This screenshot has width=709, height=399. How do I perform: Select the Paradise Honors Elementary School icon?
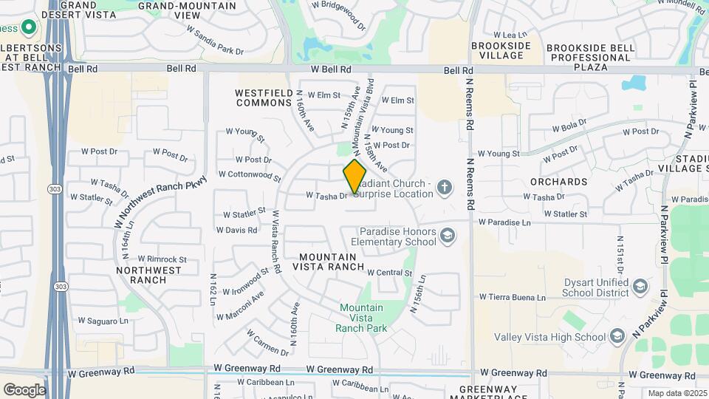(x=447, y=236)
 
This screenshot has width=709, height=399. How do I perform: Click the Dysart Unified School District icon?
(x=640, y=287)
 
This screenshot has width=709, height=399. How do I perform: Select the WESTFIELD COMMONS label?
(x=264, y=98)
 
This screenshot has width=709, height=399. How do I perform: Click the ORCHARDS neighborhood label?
(x=558, y=182)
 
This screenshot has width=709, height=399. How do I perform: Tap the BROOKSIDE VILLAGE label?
(x=501, y=50)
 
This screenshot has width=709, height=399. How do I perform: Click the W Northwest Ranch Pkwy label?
(x=151, y=204)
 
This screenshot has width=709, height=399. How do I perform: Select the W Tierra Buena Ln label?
(x=512, y=297)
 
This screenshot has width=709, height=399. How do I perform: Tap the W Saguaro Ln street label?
(x=104, y=321)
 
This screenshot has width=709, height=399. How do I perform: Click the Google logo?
(x=24, y=389)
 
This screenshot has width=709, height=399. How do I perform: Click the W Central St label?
(x=389, y=273)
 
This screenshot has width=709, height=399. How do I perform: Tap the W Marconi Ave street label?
(x=240, y=307)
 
